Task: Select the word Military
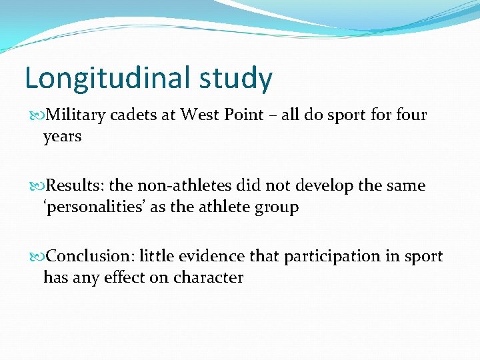tap(77, 115)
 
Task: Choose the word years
tap(62, 137)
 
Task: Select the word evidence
tap(207, 256)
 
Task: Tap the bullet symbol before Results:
tap(37, 186)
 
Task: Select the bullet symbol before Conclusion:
tap(37, 257)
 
